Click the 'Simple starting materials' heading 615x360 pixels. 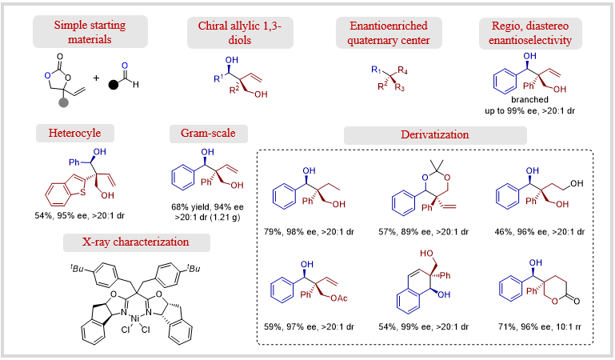coord(90,32)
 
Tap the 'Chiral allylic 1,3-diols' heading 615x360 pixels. coord(240,33)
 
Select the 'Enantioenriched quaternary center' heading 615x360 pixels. coord(389,33)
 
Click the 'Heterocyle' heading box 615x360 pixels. coord(75,133)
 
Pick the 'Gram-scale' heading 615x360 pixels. coord(208,134)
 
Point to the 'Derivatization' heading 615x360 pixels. coord(435,135)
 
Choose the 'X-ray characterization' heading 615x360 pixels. coord(136,242)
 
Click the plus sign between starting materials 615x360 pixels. coord(96,78)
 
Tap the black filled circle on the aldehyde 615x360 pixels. coord(113,85)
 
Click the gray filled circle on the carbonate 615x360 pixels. coord(63,102)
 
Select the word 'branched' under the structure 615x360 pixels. coord(529,100)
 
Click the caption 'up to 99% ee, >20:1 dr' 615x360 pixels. coord(529,110)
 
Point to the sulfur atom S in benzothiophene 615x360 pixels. coord(82,192)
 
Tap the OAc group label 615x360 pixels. coord(339,298)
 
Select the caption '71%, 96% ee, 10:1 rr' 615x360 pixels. coord(540,326)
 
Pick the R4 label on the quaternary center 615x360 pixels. coord(402,70)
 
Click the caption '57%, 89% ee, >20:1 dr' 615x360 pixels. coord(423,232)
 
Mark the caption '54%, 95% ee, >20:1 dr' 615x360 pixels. coord(80,215)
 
